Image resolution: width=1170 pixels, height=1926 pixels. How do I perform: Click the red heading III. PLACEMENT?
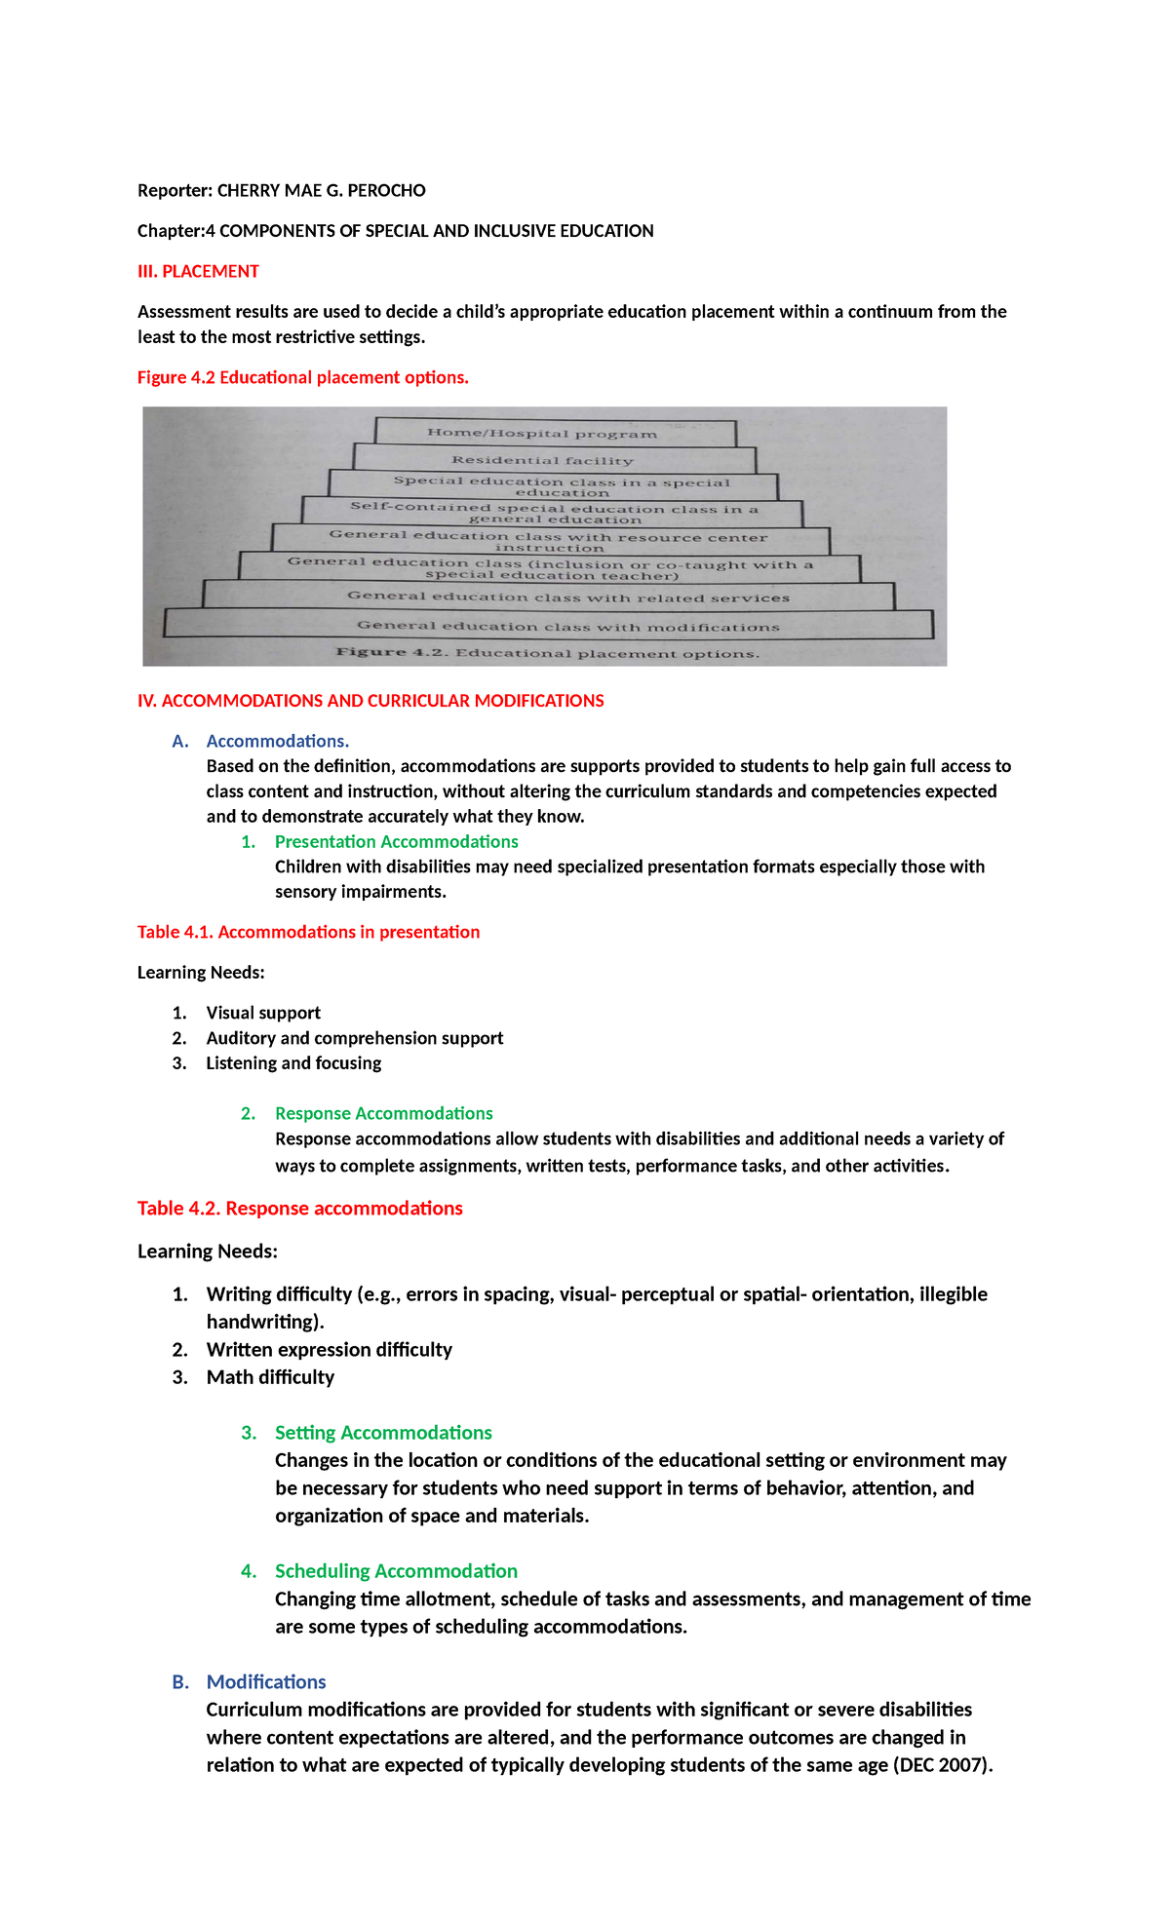[x=198, y=271]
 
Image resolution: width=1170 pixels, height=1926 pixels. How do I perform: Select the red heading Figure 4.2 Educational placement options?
[x=302, y=377]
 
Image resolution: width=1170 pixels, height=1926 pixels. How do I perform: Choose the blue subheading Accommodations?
[x=277, y=741]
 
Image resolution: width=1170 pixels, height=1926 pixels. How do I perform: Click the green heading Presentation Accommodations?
[x=396, y=841]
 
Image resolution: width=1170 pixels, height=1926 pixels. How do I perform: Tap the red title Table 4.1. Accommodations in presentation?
[x=308, y=932]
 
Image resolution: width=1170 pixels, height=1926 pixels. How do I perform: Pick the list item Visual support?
[x=263, y=1013]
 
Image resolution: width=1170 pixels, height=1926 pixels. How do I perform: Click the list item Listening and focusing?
[x=293, y=1062]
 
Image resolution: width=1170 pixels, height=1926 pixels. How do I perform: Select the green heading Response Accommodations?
[x=383, y=1113]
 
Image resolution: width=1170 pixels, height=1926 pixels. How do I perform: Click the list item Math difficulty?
[x=270, y=1377]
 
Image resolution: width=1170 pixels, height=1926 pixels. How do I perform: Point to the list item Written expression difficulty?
[x=329, y=1349]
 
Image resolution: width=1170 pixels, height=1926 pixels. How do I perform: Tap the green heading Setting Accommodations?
[x=383, y=1433]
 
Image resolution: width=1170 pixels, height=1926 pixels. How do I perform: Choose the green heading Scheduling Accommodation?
[x=396, y=1571]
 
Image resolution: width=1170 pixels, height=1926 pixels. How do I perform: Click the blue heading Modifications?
[x=266, y=1682]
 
